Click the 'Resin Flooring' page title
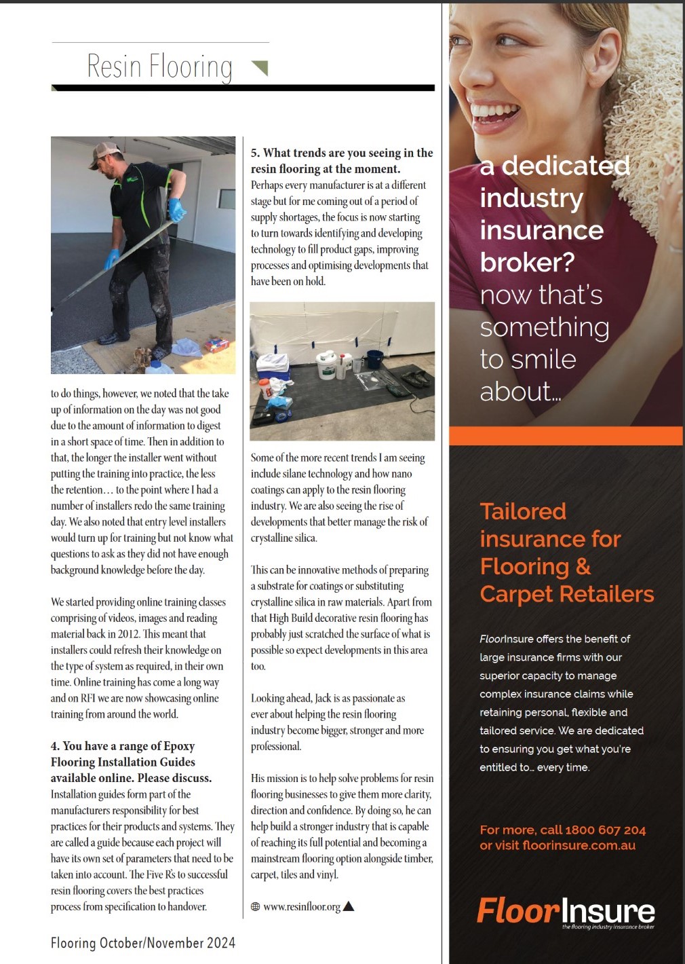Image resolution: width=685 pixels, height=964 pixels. point(159,67)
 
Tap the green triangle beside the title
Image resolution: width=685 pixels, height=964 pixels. point(260,67)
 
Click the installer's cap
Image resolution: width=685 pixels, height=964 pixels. point(103,151)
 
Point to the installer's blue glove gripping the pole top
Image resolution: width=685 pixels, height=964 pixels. point(177,210)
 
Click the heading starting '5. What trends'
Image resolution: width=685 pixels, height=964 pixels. point(341,161)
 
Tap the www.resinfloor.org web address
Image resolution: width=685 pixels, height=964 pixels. point(302,906)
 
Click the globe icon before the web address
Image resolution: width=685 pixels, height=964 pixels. point(255,906)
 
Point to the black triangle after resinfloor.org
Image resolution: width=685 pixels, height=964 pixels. point(349,906)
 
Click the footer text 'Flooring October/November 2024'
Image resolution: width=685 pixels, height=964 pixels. point(143,943)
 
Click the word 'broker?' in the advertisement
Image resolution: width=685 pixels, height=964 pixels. point(527,262)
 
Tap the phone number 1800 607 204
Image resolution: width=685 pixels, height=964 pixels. point(605,830)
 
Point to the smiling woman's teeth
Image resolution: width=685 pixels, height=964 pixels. point(496,110)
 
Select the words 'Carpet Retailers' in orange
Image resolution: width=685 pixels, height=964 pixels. point(567,594)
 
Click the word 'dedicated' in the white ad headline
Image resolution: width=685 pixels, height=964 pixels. point(566,166)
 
